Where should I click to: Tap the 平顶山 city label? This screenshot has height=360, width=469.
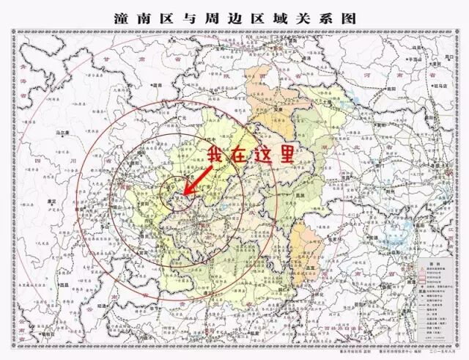pyautogui.click(x=418, y=59)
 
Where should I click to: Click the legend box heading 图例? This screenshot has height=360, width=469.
pyautogui.click(x=432, y=260)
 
